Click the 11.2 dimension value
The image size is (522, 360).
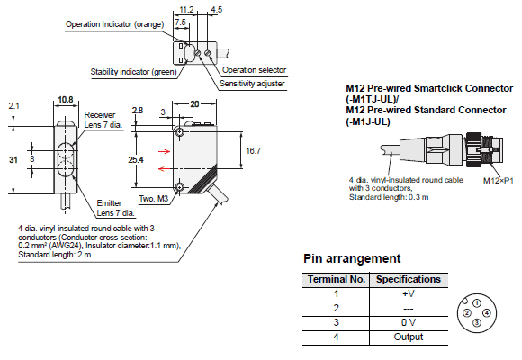pos(186,9)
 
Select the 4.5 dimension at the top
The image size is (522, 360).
pos(216,9)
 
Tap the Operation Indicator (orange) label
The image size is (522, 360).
pos(115,24)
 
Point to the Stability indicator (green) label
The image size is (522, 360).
pos(133,72)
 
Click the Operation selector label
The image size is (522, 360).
pos(255,70)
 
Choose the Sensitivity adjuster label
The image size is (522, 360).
pos(252,84)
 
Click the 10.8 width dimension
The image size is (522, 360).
pos(66,100)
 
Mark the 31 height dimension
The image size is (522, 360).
pos(13,160)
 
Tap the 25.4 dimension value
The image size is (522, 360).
pos(136,160)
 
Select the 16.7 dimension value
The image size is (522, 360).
pos(253,151)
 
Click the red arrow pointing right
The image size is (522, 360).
pos(164,152)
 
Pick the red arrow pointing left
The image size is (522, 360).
pos(164,169)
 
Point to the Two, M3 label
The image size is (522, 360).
pos(154,199)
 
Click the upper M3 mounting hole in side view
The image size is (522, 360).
pos(180,132)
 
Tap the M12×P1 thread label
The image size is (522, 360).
pos(499,181)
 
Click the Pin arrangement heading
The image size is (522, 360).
pos(352,259)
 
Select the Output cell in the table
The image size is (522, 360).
pos(409,337)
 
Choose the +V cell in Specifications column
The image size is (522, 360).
pos(409,293)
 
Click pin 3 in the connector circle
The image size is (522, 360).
pos(477,322)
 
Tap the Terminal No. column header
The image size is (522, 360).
pos(337,279)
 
